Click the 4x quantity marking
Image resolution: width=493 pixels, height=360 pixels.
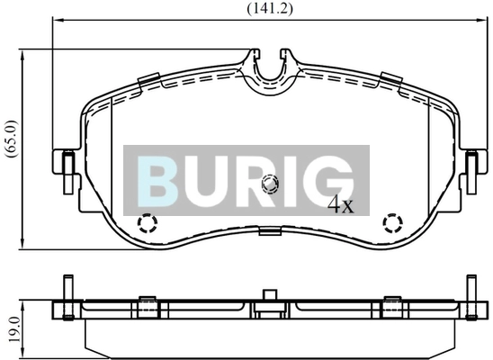tap(341, 204)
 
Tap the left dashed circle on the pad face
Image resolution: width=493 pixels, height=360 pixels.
tap(146, 223)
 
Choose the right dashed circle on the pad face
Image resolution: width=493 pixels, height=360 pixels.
tap(392, 222)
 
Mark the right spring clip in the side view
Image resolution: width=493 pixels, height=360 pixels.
tap(391, 307)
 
